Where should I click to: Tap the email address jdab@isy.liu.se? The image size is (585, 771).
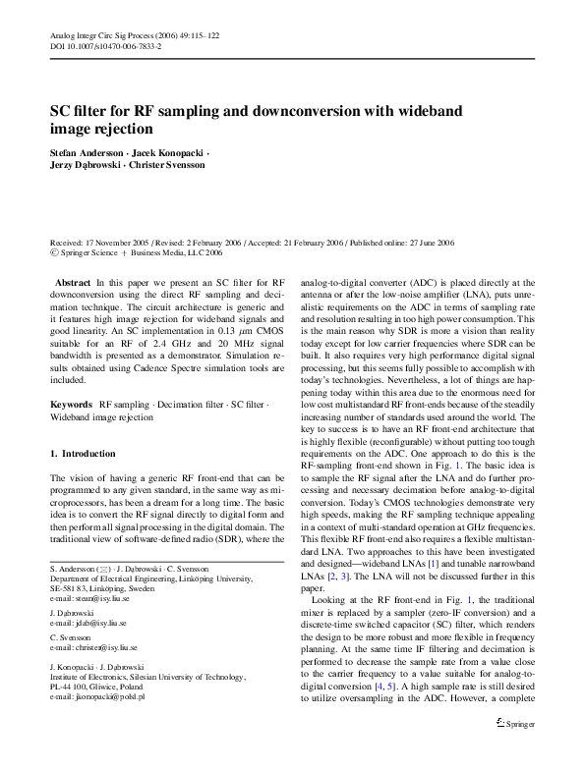(92, 623)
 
